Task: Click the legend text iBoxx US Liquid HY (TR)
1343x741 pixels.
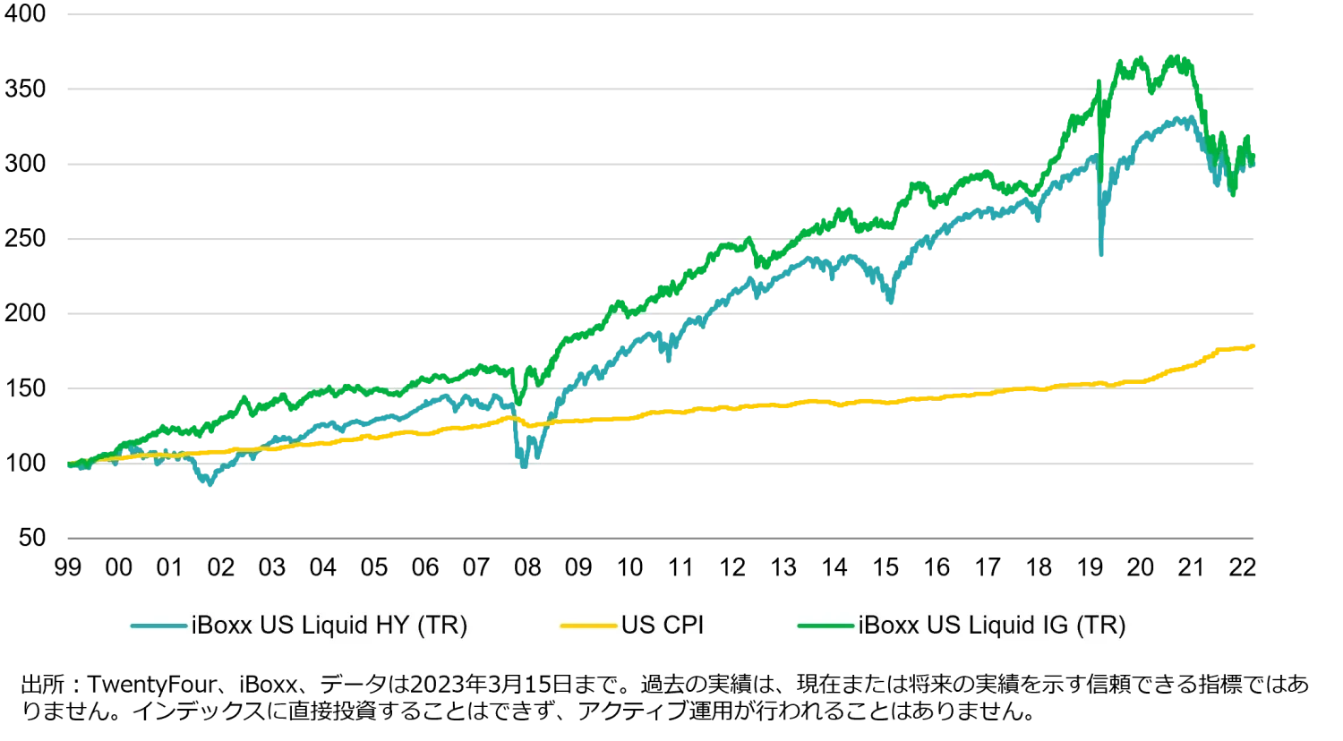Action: [329, 626]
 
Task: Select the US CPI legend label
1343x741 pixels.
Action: [662, 626]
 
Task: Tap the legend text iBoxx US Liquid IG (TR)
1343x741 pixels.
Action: [991, 626]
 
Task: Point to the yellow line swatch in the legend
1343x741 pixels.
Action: [589, 626]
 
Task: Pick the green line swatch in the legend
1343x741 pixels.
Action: [825, 626]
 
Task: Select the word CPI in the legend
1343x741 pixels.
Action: [682, 626]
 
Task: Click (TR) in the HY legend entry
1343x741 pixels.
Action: [442, 626]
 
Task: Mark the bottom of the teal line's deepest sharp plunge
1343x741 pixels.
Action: [1101, 254]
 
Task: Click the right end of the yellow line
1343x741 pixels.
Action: [1258, 347]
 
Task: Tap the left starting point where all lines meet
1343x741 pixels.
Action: [69, 463]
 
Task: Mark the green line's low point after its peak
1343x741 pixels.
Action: [1234, 196]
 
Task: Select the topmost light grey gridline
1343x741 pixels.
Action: [663, 15]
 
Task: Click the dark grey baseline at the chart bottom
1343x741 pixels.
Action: [663, 541]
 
